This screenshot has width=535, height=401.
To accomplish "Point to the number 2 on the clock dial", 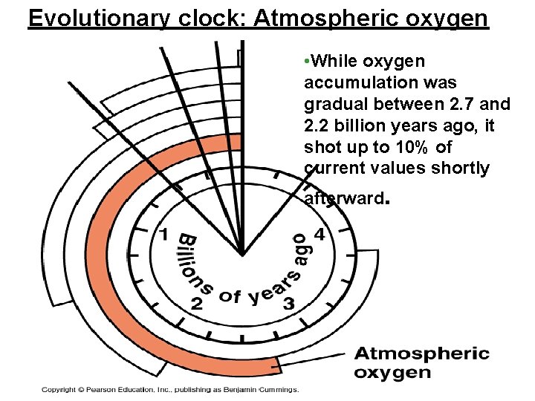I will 197,303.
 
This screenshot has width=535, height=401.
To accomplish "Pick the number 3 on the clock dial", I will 289,303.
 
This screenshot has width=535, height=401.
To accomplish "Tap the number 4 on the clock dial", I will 320,235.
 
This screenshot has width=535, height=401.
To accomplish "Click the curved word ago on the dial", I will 299,250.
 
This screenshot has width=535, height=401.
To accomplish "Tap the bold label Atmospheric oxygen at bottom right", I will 421,363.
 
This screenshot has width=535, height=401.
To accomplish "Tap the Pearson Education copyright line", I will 169,389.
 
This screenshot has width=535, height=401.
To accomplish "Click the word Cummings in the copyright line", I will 276,389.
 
